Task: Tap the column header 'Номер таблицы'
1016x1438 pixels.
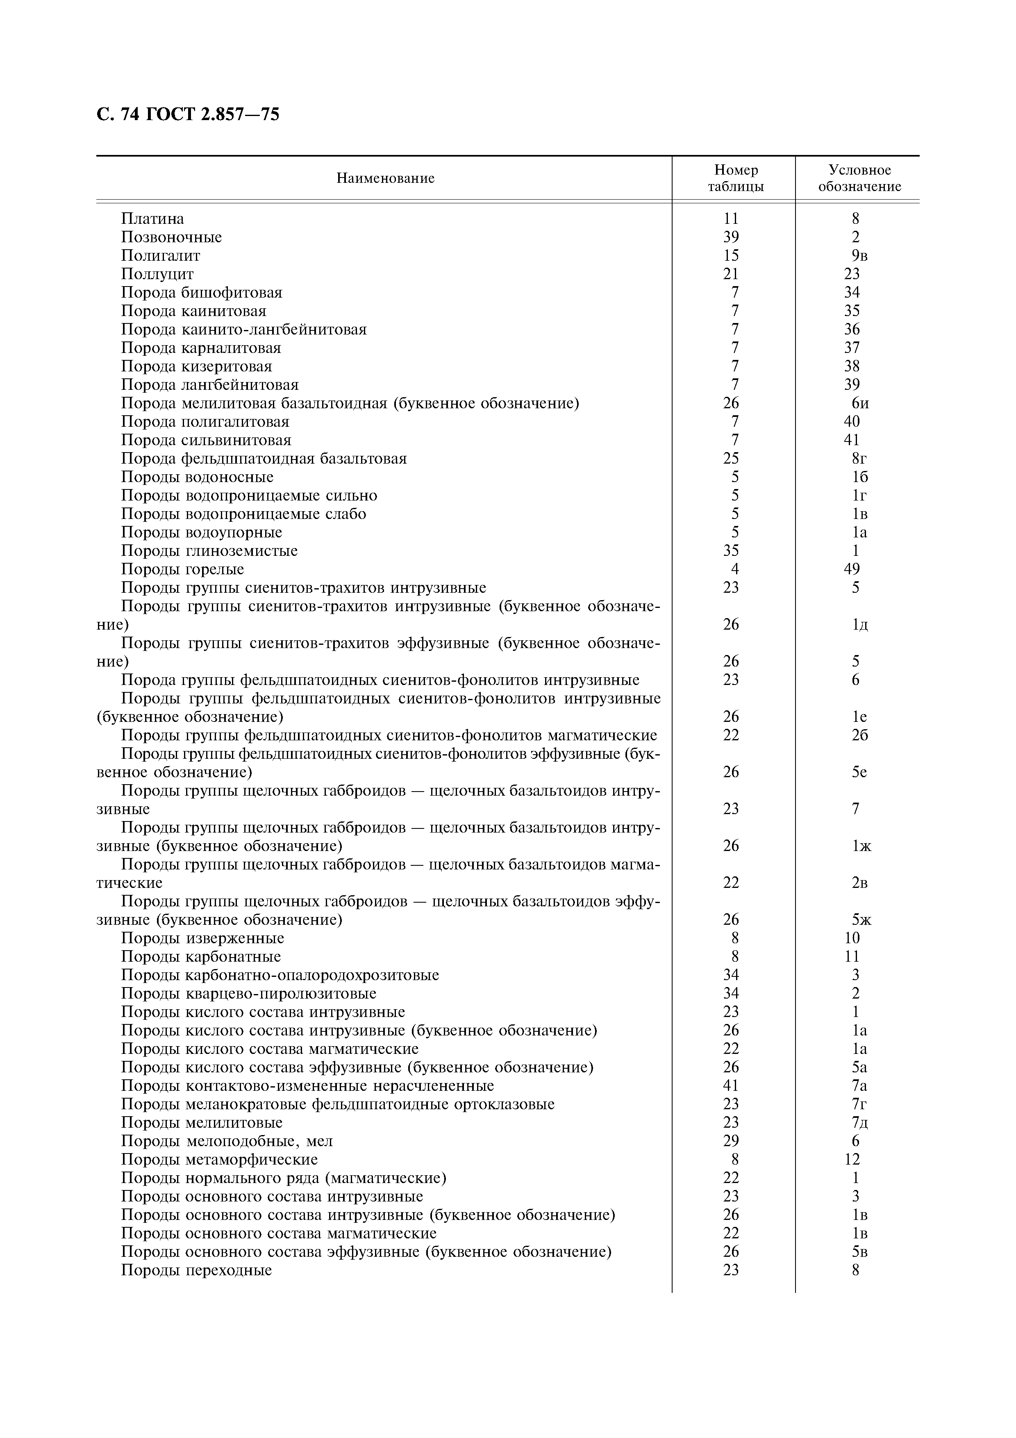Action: click(x=736, y=178)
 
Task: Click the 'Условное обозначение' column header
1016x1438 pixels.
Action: click(x=859, y=178)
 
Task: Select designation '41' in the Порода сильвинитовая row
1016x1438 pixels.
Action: click(x=851, y=440)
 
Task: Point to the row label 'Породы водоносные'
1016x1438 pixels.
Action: click(x=197, y=477)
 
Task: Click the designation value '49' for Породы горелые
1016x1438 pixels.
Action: click(x=851, y=569)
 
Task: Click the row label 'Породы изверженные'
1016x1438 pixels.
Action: click(x=202, y=938)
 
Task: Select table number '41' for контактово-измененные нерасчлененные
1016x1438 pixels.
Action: click(x=730, y=1085)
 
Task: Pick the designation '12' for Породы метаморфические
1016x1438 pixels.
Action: click(x=851, y=1159)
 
